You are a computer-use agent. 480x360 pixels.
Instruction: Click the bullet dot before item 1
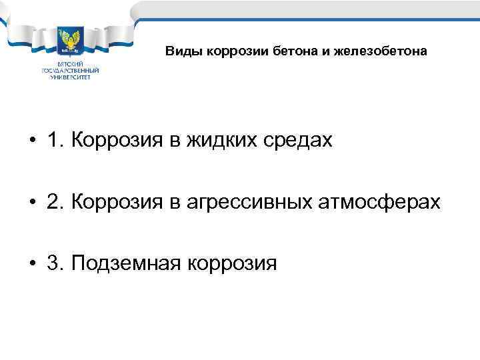coord(32,141)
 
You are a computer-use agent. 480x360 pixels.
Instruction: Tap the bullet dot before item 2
coord(32,203)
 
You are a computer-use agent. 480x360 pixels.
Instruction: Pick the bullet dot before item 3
coord(32,264)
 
